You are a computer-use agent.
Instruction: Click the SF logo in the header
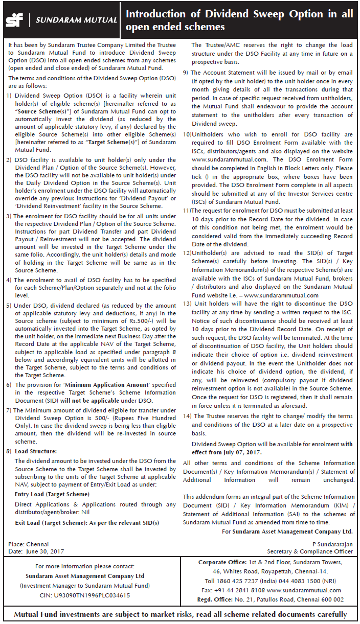click(15, 20)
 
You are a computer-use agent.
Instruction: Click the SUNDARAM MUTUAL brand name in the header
click(75, 20)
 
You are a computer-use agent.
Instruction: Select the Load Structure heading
click(35, 451)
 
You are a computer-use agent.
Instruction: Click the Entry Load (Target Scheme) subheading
click(52, 494)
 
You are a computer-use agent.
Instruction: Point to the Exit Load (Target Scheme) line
click(87, 523)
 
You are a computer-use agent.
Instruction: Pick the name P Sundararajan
click(332, 544)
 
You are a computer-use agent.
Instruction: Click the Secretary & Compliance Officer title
click(310, 551)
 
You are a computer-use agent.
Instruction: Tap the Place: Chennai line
click(29, 544)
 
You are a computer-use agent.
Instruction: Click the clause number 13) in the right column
click(187, 304)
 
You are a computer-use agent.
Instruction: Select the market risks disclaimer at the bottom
click(180, 614)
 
